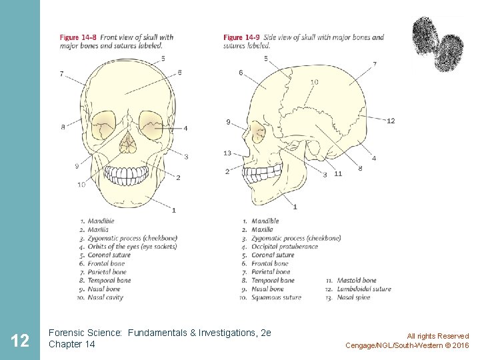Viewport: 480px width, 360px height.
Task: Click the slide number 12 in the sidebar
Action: point(20,341)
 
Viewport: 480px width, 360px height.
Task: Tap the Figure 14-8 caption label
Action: point(78,37)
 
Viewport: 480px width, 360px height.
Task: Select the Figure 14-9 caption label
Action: point(242,37)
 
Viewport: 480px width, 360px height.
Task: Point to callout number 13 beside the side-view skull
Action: point(227,153)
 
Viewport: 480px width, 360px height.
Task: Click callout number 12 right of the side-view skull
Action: point(391,121)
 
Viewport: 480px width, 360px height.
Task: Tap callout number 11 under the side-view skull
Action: point(338,173)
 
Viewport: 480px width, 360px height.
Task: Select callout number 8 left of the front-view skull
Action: point(63,127)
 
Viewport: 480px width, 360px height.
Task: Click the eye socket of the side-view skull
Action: point(257,133)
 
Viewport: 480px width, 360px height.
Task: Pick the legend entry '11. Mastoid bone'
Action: point(351,281)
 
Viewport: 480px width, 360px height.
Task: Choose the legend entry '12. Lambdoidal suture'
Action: point(359,289)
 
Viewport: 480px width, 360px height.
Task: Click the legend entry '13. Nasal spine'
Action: point(349,298)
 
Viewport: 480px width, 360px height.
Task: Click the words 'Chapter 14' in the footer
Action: point(72,344)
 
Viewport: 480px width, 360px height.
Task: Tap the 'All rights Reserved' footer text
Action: point(438,336)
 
